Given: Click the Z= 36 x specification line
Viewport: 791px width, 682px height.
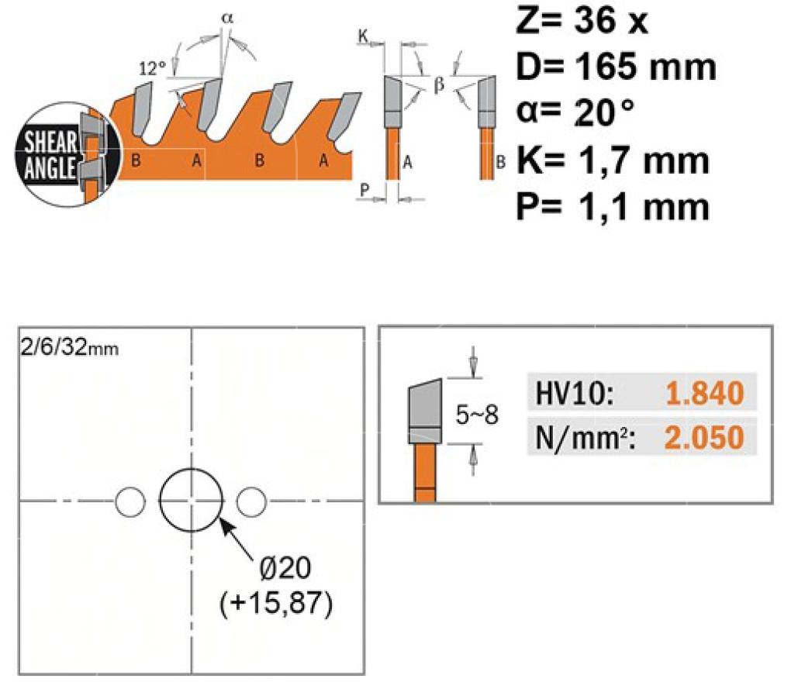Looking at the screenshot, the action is point(582,21).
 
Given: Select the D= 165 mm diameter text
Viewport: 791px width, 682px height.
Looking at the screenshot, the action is point(616,67).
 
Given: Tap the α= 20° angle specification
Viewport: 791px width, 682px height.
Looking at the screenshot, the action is point(575,112).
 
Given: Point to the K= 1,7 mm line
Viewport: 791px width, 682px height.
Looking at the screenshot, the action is point(613,160).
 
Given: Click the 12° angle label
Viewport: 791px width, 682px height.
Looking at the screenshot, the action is point(152,68).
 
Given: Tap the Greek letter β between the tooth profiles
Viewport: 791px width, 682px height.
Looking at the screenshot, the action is point(439,84).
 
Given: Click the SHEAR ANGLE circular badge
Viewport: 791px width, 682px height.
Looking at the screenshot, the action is point(67,154).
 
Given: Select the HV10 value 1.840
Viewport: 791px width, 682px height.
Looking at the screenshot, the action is point(704,393).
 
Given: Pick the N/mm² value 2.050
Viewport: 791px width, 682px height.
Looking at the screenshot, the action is point(704,437).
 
